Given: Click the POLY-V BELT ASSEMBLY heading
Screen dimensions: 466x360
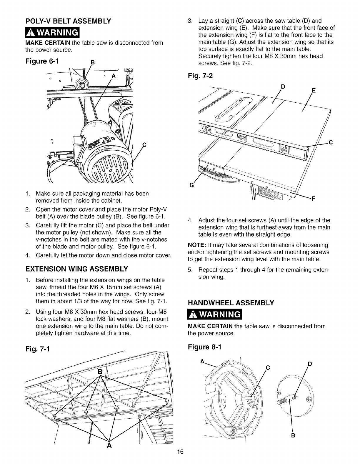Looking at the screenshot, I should pyautogui.click(x=68, y=21).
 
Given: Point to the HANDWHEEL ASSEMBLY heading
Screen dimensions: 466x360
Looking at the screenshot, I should pyautogui.click(x=231, y=302).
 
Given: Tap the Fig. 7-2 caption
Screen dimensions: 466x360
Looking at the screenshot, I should pyautogui.click(x=200, y=76).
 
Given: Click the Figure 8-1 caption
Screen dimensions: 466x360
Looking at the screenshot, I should pyautogui.click(x=204, y=347).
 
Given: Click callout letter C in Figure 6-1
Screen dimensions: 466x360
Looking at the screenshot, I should pyautogui.click(x=144, y=144).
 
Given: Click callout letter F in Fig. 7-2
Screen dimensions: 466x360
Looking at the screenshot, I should pyautogui.click(x=313, y=198).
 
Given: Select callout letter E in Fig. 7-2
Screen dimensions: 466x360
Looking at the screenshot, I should pyautogui.click(x=314, y=91).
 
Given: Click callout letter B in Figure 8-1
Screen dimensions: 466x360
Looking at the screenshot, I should pyautogui.click(x=293, y=435).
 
